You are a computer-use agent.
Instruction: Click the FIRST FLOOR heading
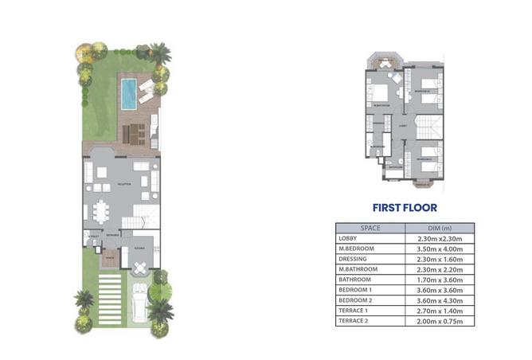pyautogui.click(x=405, y=209)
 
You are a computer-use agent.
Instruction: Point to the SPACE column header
pyautogui.click(x=371, y=228)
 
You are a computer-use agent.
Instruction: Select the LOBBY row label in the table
pyautogui.click(x=348, y=238)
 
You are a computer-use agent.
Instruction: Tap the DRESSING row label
pyautogui.click(x=352, y=259)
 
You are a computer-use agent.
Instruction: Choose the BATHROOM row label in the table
pyautogui.click(x=354, y=280)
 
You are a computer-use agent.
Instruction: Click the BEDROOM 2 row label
pyautogui.click(x=355, y=300)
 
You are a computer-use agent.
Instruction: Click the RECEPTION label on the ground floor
pyautogui.click(x=123, y=185)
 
